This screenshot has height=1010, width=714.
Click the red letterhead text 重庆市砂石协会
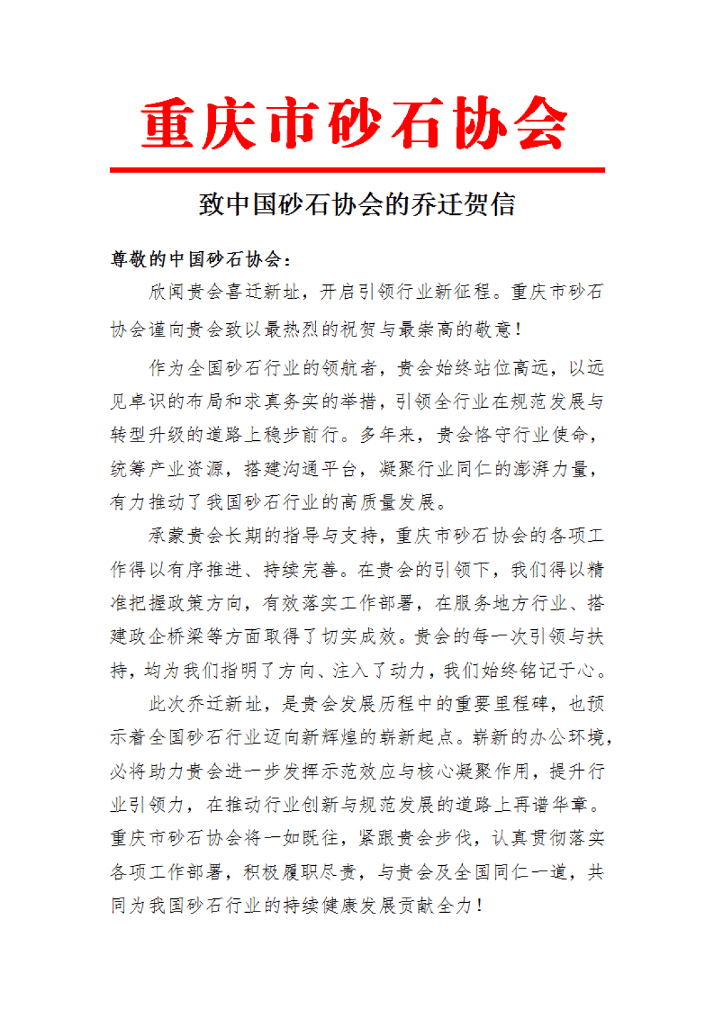pyautogui.click(x=355, y=124)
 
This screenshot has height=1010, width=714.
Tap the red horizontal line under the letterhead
pyautogui.click(x=357, y=171)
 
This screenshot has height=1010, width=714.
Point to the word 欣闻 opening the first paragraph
pyautogui.click(x=167, y=291)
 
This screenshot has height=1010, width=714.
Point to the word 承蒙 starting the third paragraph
pyautogui.click(x=167, y=535)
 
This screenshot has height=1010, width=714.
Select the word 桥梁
pyautogui.click(x=204, y=637)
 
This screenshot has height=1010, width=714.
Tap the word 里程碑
pyautogui.click(x=522, y=703)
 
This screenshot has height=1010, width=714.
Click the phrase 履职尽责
pyautogui.click(x=301, y=872)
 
